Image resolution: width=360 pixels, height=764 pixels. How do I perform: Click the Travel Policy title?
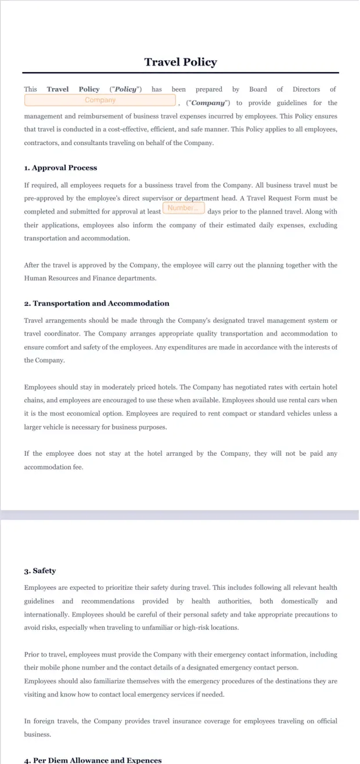(180, 62)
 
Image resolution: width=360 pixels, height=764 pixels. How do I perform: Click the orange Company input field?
(100, 100)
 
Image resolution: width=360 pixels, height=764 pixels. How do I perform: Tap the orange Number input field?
(183, 208)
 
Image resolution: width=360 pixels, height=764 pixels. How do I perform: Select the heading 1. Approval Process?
(60, 168)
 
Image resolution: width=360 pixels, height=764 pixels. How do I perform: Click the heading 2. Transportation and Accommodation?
(96, 303)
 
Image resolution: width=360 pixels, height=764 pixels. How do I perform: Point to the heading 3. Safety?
(40, 571)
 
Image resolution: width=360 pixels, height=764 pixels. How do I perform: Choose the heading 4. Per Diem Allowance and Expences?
(93, 760)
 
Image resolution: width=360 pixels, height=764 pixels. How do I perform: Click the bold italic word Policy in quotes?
(125, 89)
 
